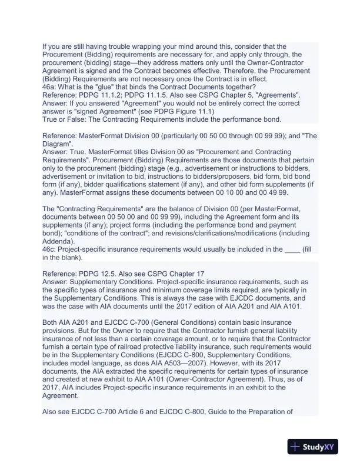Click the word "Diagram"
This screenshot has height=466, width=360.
coord(58,144)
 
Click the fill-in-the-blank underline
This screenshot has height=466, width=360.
coord(292,249)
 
